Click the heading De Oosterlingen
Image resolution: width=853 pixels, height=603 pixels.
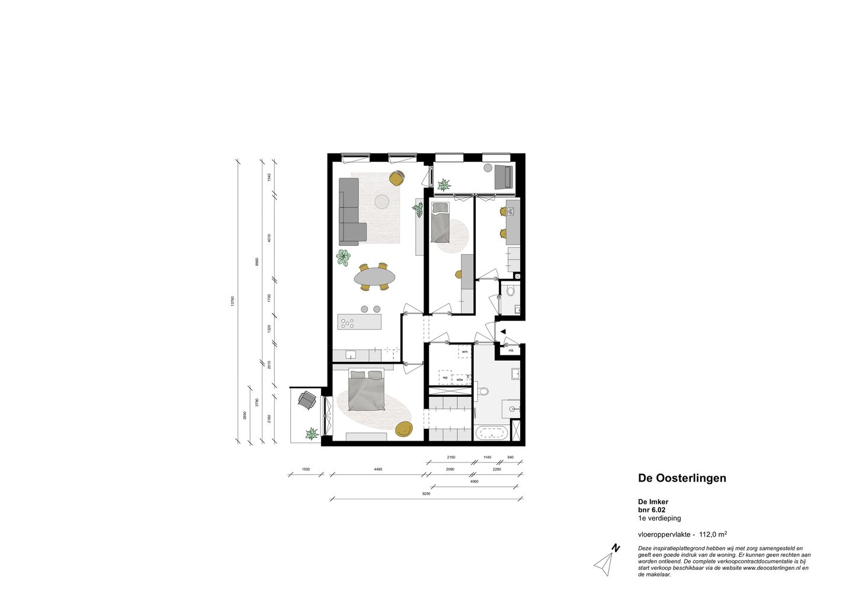click(x=682, y=478)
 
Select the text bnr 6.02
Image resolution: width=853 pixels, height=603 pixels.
click(x=652, y=509)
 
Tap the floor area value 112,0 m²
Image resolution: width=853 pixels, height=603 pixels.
click(x=713, y=534)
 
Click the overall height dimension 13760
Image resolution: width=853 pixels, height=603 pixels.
click(x=233, y=300)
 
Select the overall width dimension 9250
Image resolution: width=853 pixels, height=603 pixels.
click(x=426, y=493)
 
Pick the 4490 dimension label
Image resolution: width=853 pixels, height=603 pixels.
click(x=378, y=469)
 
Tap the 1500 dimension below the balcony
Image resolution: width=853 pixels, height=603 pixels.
click(x=306, y=469)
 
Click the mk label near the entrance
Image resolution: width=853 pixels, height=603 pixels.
click(x=511, y=350)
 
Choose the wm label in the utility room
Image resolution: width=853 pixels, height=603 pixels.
click(x=465, y=352)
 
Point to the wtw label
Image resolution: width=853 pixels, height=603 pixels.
click(x=459, y=379)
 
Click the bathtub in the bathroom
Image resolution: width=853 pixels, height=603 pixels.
click(x=491, y=433)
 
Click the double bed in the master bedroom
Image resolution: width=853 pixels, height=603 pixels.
click(x=367, y=392)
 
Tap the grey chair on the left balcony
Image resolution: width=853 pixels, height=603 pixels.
click(x=307, y=401)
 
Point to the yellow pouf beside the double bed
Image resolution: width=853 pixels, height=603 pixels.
click(x=403, y=429)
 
